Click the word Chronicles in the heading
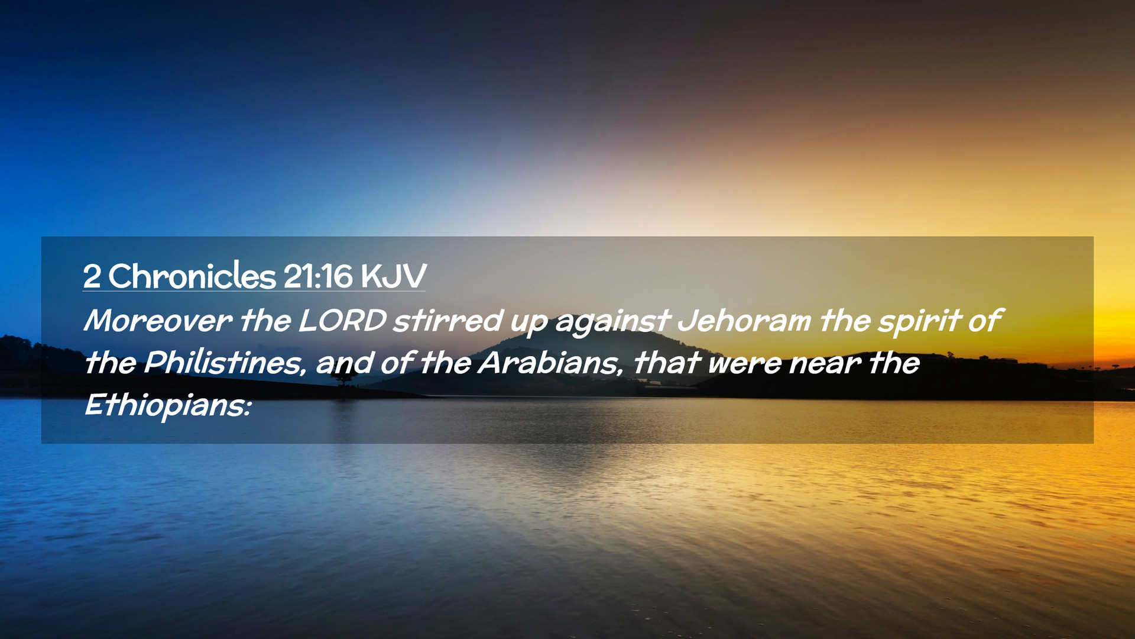tap(192, 276)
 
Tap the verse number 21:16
tap(318, 276)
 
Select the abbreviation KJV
tap(393, 276)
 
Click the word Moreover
tap(158, 321)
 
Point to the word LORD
tap(342, 321)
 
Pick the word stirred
tap(448, 321)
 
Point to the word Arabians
tap(550, 363)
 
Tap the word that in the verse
tap(667, 363)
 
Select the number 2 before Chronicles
tap(92, 276)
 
